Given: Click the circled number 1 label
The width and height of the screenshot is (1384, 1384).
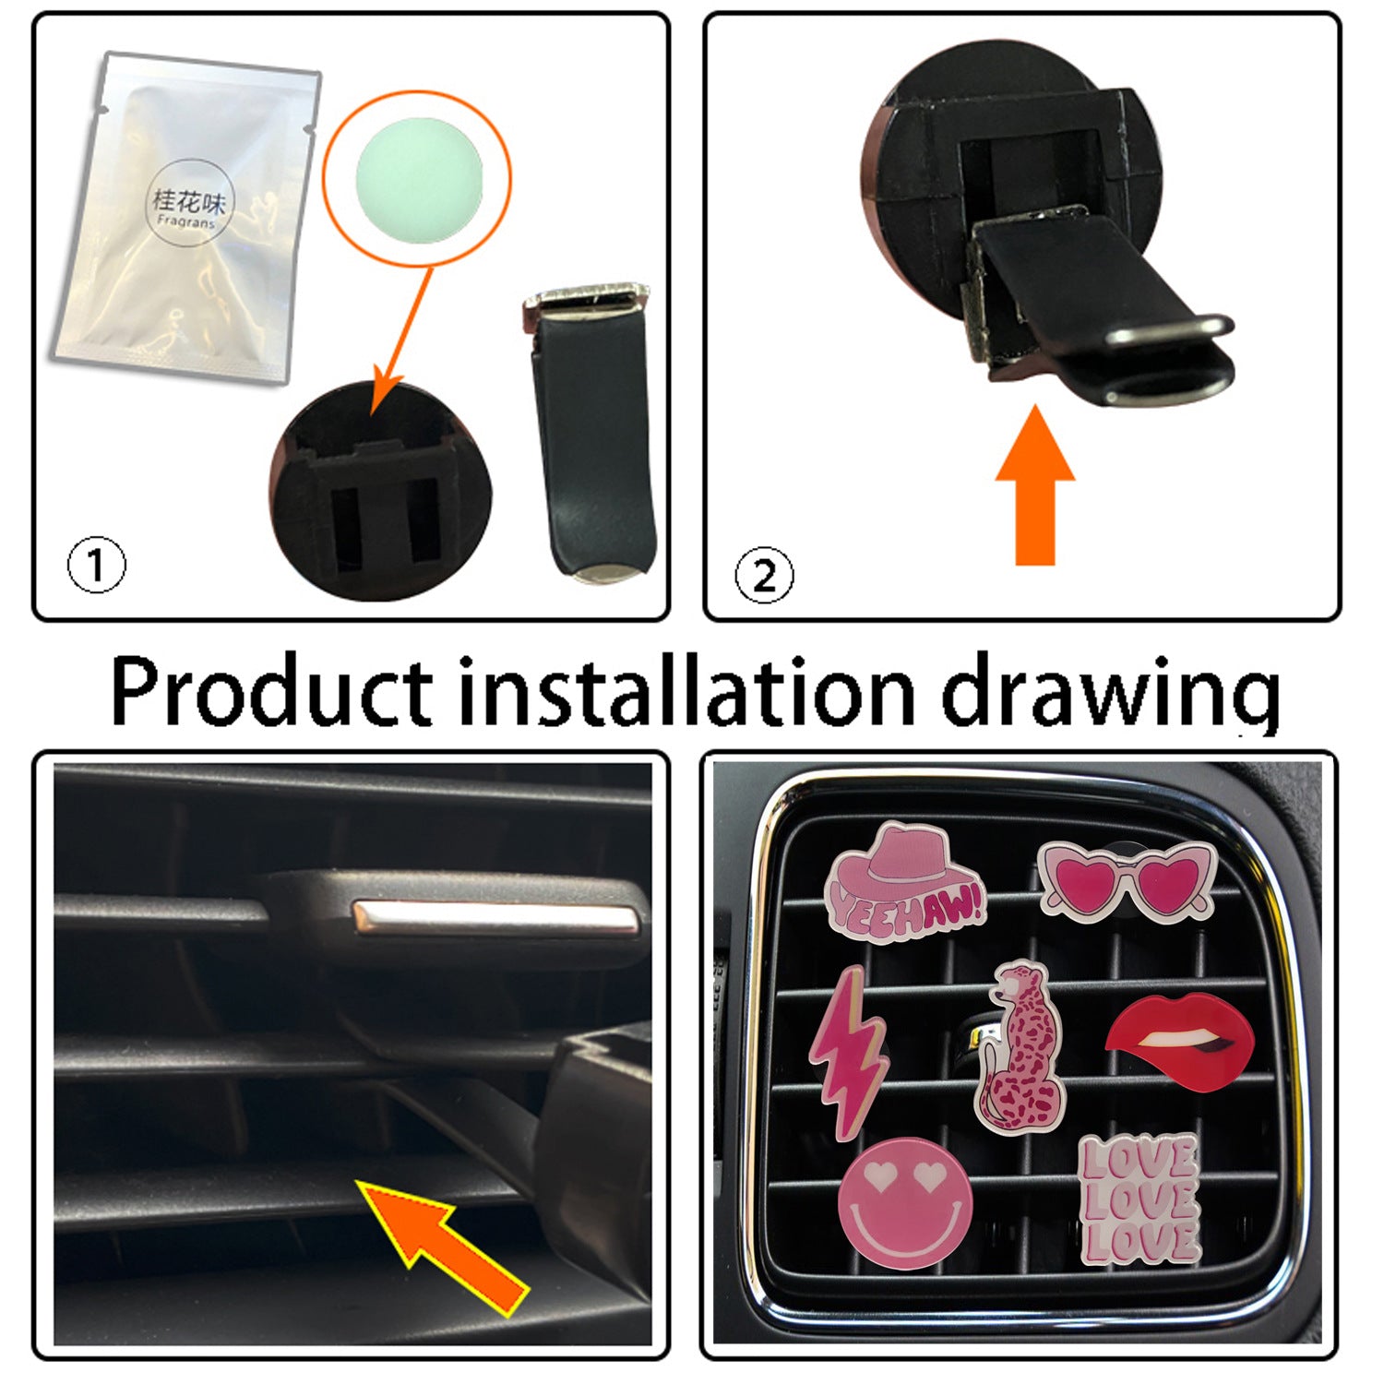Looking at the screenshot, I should [x=96, y=566].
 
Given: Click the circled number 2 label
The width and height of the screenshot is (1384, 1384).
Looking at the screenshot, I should [x=763, y=576].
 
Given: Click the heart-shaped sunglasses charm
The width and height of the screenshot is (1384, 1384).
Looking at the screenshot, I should [x=1127, y=878].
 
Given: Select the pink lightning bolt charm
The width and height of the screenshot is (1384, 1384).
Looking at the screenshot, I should [x=848, y=1050].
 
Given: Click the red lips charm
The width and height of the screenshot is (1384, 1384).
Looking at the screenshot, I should [x=1180, y=1041].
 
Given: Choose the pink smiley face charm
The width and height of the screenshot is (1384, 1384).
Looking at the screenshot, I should [x=904, y=1202].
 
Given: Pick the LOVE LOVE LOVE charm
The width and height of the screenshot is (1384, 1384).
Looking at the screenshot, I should [x=1140, y=1199].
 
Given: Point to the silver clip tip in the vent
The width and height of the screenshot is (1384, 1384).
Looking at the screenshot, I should [x=495, y=920].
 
